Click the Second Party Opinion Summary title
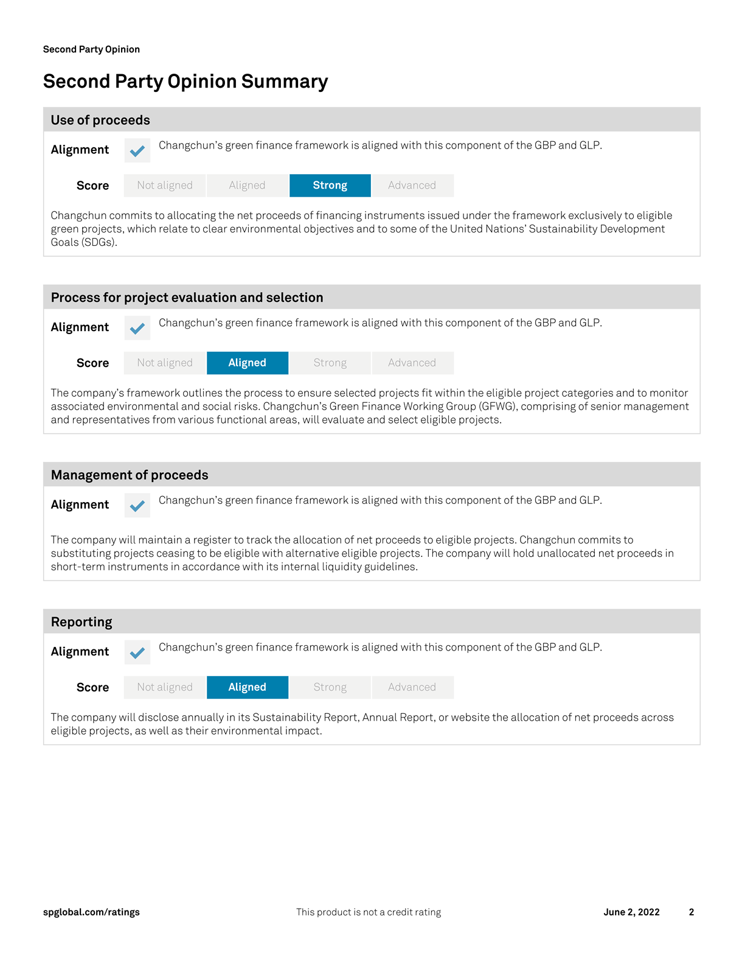point(185,82)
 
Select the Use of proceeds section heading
point(100,120)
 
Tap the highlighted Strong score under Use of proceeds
point(330,186)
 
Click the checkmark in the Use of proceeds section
point(137,150)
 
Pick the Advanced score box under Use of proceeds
point(412,186)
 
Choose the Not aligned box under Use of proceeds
point(165,186)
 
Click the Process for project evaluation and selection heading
point(187,298)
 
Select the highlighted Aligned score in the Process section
point(248,363)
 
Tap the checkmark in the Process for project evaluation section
point(137,328)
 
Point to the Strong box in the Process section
point(330,363)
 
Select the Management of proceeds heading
point(130,475)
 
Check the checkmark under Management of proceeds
point(137,506)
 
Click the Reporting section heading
point(81,622)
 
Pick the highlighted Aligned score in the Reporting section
point(248,687)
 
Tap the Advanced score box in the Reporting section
point(412,687)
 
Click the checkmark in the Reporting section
point(137,652)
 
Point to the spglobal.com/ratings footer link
point(91,912)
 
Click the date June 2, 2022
point(631,912)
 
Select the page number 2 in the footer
point(692,912)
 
